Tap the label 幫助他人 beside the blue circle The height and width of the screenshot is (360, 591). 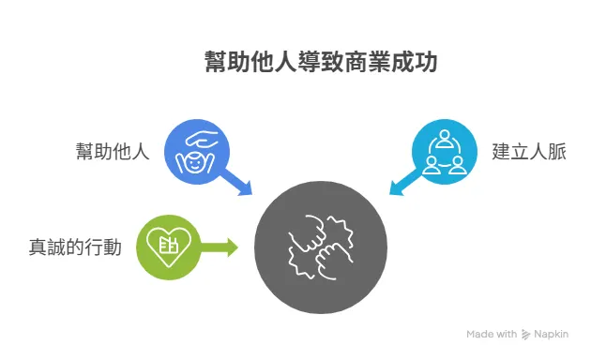pos(114,151)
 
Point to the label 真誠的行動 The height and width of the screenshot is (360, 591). pos(75,247)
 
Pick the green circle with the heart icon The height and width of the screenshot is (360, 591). pos(170,247)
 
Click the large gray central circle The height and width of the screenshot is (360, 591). pos(321,247)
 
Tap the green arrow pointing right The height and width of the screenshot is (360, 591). pos(222,247)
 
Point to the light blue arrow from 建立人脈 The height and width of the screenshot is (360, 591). pos(403,184)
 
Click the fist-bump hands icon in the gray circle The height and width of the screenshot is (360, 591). pos(321,247)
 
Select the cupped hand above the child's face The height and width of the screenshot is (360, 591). pos(202,137)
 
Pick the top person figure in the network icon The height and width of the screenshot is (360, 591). pos(444,140)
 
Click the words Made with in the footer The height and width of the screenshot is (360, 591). pos(492,334)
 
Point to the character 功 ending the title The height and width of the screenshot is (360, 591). pos(425,63)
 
